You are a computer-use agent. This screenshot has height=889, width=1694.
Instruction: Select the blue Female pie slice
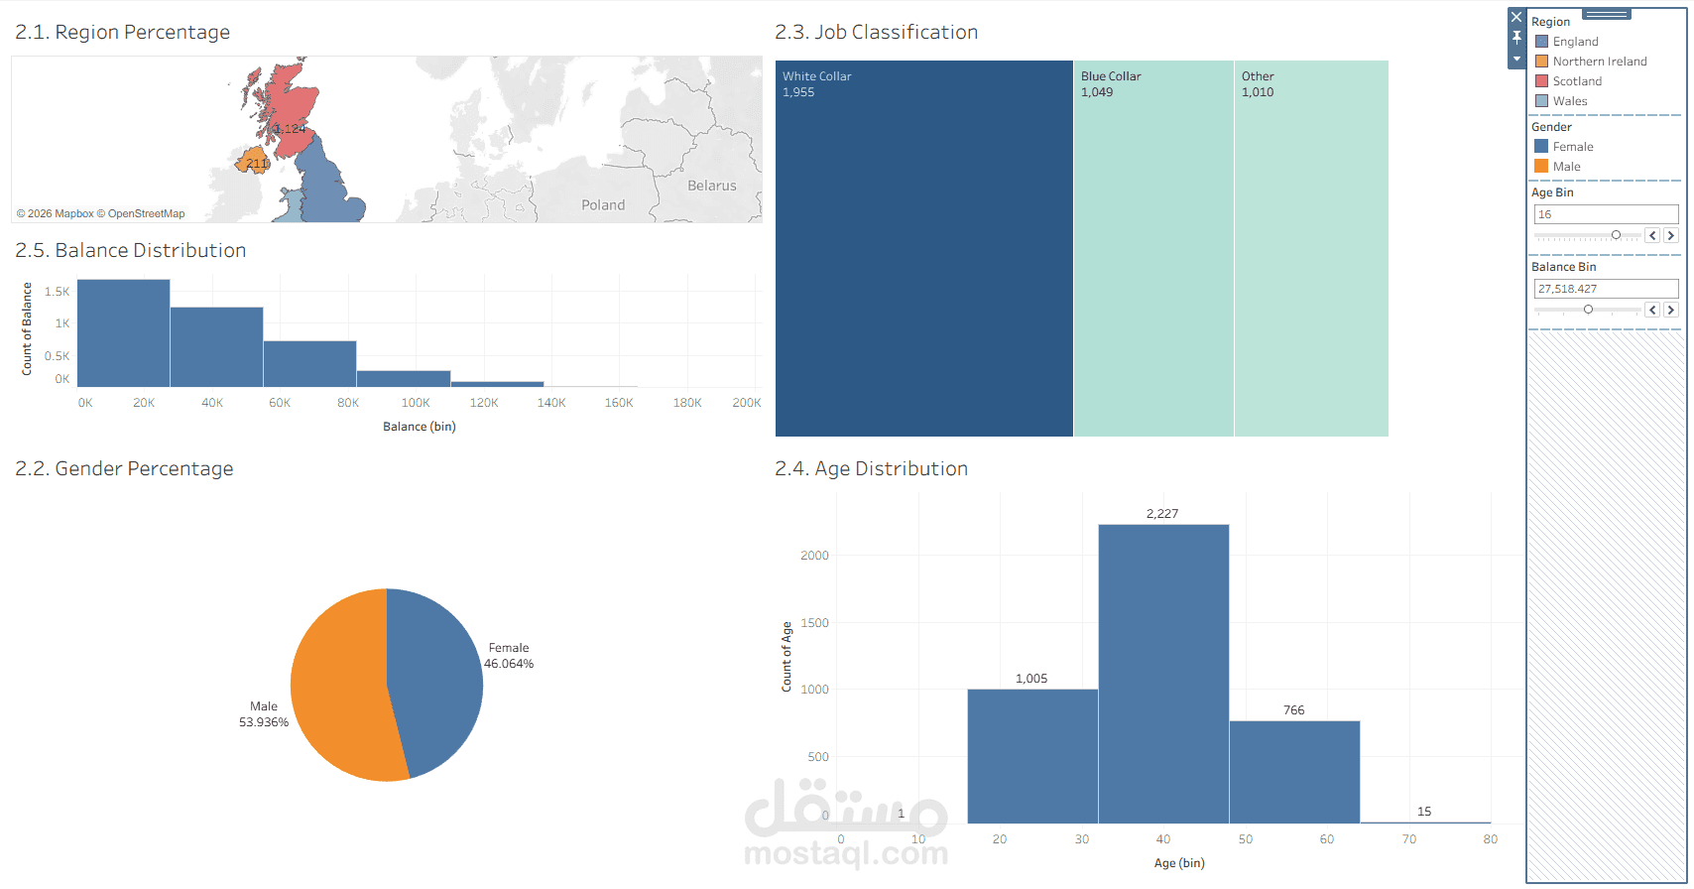tap(436, 675)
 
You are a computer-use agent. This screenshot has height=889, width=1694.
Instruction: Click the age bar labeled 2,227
tap(1163, 675)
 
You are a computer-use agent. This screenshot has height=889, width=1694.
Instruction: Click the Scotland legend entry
tap(1576, 81)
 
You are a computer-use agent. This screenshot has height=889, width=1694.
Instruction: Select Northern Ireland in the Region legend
tap(1599, 62)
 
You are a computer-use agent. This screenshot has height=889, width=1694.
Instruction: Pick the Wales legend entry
tap(1569, 101)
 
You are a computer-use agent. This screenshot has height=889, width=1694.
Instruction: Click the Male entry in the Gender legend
tap(1566, 167)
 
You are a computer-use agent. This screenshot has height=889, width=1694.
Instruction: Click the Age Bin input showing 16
tap(1605, 214)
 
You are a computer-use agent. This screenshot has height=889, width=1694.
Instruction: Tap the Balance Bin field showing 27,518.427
tap(1605, 289)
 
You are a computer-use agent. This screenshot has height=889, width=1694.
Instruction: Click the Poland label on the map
tap(603, 205)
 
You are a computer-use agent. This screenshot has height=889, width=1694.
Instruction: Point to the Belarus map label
tap(712, 186)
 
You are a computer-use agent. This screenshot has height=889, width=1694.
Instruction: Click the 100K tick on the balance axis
tap(416, 403)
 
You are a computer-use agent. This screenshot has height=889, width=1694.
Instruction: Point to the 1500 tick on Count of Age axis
tap(814, 623)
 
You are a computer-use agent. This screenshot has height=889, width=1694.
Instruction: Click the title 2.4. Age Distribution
tap(871, 468)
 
